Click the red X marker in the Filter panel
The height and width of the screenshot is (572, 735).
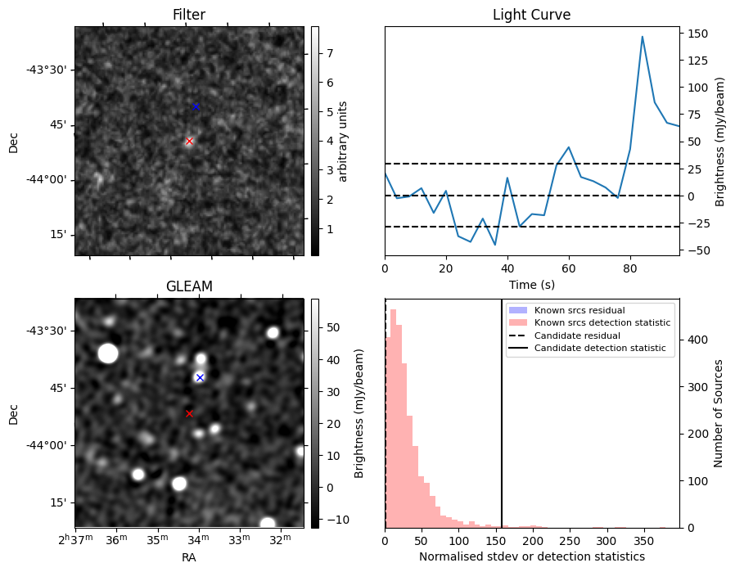[x=189, y=141]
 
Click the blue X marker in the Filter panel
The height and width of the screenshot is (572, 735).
[x=196, y=106]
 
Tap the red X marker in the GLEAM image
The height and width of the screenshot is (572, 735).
[x=189, y=413]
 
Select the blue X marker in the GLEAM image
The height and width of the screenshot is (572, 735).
[x=200, y=377]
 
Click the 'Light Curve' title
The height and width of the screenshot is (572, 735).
[x=531, y=15]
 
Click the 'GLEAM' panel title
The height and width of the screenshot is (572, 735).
[x=189, y=286]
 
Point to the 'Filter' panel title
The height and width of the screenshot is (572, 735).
[x=189, y=15]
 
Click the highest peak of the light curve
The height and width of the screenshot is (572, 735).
[x=643, y=37]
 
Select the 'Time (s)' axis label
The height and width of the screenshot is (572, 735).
[x=531, y=284]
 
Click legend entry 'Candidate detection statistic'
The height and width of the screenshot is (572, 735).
[x=601, y=349]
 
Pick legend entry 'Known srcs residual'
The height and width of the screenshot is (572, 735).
[x=579, y=310]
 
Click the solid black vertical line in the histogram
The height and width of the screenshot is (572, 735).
[x=501, y=409]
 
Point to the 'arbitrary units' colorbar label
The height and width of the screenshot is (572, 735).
[x=344, y=141]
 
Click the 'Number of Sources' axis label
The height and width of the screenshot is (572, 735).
[x=718, y=412]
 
